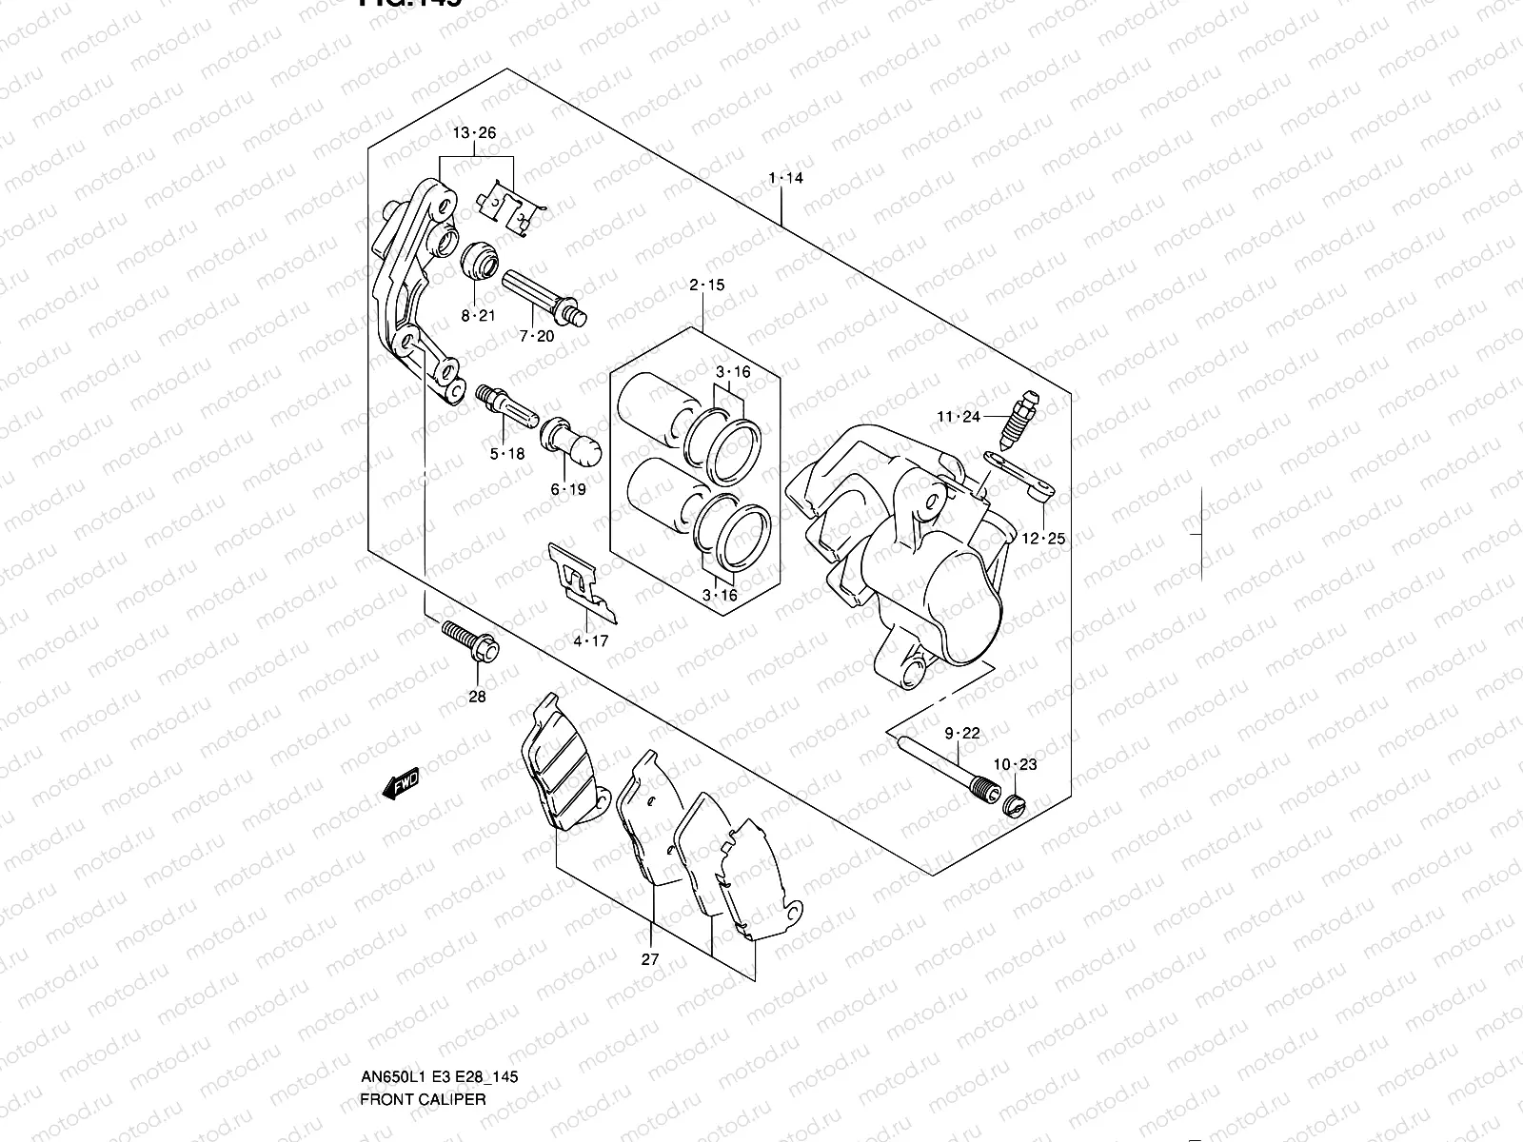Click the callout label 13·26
click(x=474, y=133)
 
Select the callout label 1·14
click(x=786, y=178)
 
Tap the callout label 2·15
click(x=707, y=285)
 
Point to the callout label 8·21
click(x=479, y=315)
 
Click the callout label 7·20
click(x=537, y=335)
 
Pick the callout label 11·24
click(x=958, y=416)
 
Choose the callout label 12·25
click(x=1043, y=539)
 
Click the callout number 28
click(x=477, y=697)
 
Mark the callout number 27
click(x=649, y=959)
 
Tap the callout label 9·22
click(x=962, y=733)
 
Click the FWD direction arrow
click(x=399, y=784)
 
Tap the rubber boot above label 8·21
click(x=479, y=261)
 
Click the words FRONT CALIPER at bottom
click(x=423, y=1019)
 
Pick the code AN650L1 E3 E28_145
click(x=439, y=997)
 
